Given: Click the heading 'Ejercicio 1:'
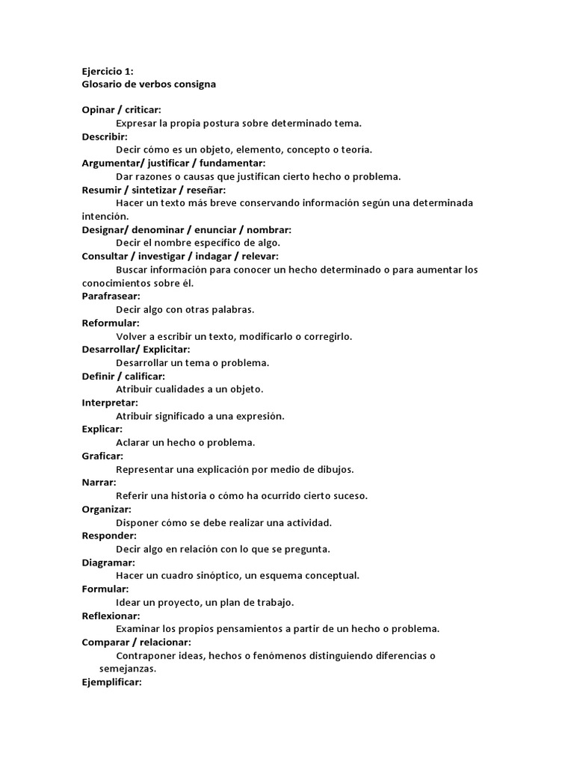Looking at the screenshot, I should [107, 71].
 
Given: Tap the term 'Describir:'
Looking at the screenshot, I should [105, 137].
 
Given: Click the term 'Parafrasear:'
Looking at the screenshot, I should [111, 296].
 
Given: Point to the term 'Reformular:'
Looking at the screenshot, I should [111, 323].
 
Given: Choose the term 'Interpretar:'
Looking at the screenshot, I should [110, 403].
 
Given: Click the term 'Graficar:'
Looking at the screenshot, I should [102, 456].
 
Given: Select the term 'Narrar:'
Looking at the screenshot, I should [99, 482].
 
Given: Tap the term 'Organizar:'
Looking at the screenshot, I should [106, 509].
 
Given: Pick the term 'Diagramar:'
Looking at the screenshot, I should [108, 562].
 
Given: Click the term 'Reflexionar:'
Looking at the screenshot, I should [111, 616].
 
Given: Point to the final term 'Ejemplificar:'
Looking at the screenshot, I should [111, 682].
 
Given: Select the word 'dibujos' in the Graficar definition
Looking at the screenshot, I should [335, 469].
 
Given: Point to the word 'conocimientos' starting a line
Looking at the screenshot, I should [117, 283].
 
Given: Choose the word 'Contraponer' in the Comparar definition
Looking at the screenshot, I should [146, 655].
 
